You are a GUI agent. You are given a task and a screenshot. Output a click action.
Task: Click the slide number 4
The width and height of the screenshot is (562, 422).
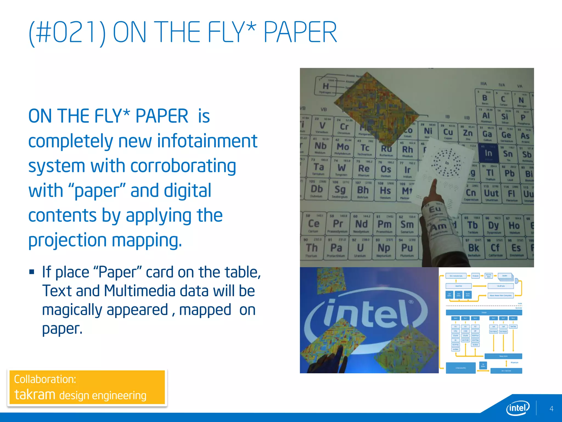pos(551,409)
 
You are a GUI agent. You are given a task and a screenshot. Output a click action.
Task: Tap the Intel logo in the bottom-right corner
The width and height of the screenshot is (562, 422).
pos(518,408)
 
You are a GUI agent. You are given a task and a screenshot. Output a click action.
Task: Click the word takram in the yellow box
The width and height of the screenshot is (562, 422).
pos(35,395)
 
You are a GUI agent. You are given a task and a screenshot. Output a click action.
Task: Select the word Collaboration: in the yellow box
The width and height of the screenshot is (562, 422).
pos(45,379)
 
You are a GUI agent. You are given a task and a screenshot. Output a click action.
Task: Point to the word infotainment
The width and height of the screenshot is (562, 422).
pos(207,141)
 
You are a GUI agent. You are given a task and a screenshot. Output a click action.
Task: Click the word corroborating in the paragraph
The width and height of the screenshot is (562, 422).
pos(183,166)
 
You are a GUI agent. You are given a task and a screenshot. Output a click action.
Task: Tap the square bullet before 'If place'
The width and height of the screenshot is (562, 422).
pos(32,272)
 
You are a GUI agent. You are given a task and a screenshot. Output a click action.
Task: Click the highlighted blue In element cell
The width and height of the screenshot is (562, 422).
pos(488,153)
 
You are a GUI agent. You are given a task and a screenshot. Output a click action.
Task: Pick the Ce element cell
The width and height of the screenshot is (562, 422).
pos(314,224)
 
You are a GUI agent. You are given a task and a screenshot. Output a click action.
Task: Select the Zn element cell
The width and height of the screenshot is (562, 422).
pos(468,133)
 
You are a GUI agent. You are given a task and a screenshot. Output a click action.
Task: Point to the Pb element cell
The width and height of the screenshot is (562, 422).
pos(510,173)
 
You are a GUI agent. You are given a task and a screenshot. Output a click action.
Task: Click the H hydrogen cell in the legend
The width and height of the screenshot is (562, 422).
pos(326,87)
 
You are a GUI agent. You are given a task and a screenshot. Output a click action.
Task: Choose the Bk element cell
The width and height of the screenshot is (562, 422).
pos(474,248)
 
